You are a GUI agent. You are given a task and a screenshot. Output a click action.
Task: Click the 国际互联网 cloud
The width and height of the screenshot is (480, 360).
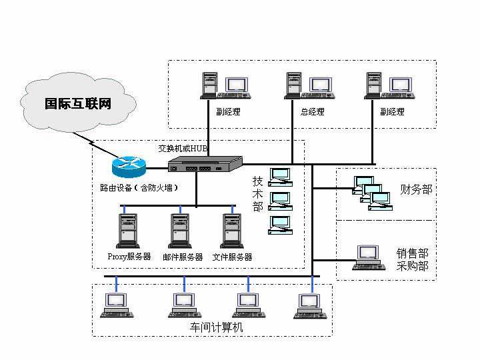pos(77,104)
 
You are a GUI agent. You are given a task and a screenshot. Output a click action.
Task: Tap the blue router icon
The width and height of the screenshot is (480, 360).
pos(127,164)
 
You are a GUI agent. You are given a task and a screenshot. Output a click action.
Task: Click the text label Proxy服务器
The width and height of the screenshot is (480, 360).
pos(129,257)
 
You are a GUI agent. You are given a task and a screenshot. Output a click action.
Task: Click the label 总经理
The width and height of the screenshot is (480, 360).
pos(312,112)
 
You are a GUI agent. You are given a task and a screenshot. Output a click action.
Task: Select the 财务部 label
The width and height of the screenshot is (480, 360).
pos(416,190)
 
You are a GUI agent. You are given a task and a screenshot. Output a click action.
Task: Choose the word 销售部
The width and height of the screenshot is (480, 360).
pos(413,253)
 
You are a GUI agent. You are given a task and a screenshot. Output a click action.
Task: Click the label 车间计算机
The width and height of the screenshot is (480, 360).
pos(216,327)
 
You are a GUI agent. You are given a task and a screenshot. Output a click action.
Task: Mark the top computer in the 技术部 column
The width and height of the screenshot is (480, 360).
pos(281,177)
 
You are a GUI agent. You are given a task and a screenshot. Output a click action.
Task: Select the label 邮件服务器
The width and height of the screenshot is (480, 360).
pos(182,257)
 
